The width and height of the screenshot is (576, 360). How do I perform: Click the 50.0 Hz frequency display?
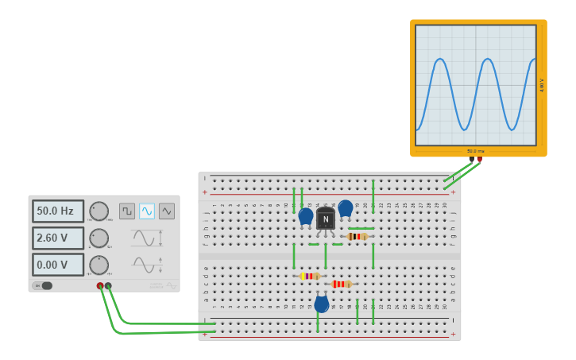pyautogui.click(x=57, y=211)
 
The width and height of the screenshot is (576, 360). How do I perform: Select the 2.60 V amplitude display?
pyautogui.click(x=57, y=238)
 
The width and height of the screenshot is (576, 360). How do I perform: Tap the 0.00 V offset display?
pyautogui.click(x=57, y=265)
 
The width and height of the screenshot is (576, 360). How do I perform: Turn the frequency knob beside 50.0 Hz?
pyautogui.click(x=99, y=211)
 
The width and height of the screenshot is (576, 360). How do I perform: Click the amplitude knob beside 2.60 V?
pyautogui.click(x=99, y=238)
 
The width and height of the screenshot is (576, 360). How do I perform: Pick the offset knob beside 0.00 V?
pyautogui.click(x=99, y=265)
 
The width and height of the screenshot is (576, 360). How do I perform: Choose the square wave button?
pyautogui.click(x=127, y=211)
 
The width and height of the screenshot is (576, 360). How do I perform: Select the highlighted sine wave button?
pyautogui.click(x=147, y=211)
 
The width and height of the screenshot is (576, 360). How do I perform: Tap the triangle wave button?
pyautogui.click(x=167, y=211)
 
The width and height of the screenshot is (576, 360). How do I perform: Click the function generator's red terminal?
pyautogui.click(x=100, y=285)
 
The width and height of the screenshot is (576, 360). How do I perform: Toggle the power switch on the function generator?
pyautogui.click(x=43, y=285)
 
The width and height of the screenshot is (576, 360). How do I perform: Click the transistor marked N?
pyautogui.click(x=326, y=219)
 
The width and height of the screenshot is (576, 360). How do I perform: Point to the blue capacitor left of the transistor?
pyautogui.click(x=306, y=215)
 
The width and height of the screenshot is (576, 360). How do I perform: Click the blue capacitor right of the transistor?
pyautogui.click(x=346, y=208)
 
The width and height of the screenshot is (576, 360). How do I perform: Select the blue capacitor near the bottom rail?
pyautogui.click(x=321, y=304)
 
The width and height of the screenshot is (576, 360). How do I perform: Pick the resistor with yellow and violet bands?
pyautogui.click(x=309, y=276)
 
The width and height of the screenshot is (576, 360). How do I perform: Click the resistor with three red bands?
pyautogui.click(x=342, y=284)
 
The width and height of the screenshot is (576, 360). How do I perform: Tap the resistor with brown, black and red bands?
pyautogui.click(x=358, y=236)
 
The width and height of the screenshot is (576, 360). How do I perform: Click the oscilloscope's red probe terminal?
pyautogui.click(x=479, y=160)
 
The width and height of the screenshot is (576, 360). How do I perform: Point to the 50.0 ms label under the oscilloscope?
pyautogui.click(x=475, y=151)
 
